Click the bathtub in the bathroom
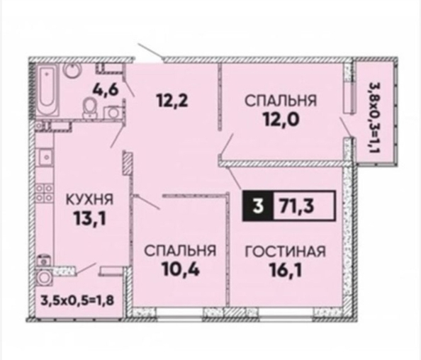(48, 90)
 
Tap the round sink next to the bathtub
(72, 70)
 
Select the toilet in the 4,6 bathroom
(90, 108)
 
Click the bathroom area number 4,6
(105, 90)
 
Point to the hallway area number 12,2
(172, 101)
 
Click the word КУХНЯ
(90, 200)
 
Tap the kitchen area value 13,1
(90, 218)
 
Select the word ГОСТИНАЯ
(285, 252)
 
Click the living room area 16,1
(286, 270)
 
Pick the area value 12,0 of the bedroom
(281, 120)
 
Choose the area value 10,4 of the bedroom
(180, 269)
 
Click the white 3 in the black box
(257, 206)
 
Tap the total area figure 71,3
(296, 206)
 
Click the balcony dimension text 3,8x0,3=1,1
(374, 118)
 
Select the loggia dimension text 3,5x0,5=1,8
(77, 300)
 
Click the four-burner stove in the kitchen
(45, 193)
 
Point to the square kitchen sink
(45, 157)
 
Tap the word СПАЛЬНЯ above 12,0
(281, 101)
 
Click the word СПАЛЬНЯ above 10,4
(180, 251)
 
